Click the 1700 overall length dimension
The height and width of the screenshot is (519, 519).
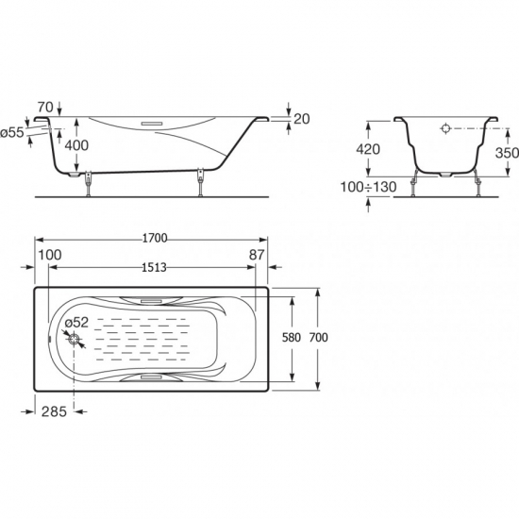(155, 239)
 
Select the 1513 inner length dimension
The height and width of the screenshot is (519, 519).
(154, 267)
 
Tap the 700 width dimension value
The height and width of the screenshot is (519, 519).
(318, 338)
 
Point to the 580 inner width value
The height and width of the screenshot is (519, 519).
(292, 338)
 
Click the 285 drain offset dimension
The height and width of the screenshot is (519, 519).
(55, 411)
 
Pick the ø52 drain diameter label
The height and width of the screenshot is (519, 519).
(76, 323)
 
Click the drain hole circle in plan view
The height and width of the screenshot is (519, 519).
(74, 339)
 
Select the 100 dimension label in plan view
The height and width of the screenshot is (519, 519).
(50, 255)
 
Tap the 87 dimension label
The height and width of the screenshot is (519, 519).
(257, 255)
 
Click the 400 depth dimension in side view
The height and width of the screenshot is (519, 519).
(76, 145)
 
